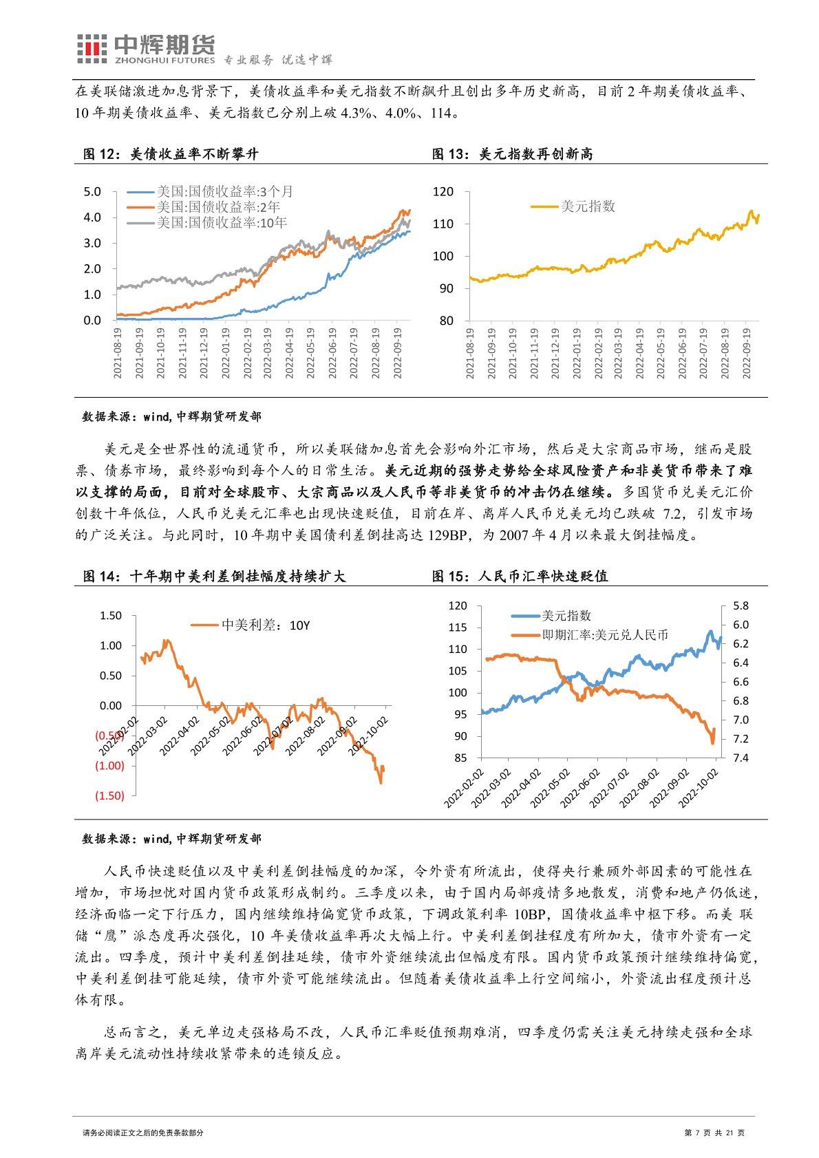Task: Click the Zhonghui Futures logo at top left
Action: click(145, 50)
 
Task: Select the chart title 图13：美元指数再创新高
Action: click(512, 154)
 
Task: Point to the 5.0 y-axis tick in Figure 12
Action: click(92, 191)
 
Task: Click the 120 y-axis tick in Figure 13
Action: click(444, 191)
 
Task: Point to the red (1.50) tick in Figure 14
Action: click(109, 795)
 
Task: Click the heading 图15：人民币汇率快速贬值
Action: click(520, 576)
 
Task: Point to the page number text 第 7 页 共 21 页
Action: click(715, 1133)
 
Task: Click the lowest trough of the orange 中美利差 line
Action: click(380, 782)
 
